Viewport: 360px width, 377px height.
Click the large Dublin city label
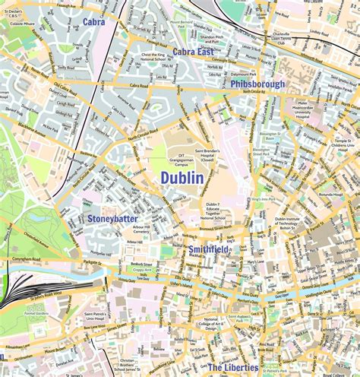point(182,178)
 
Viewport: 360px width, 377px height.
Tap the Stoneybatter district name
point(112,218)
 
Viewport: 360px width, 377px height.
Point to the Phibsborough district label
point(257,84)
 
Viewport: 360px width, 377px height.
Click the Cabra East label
point(193,52)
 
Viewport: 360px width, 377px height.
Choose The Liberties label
point(232,368)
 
